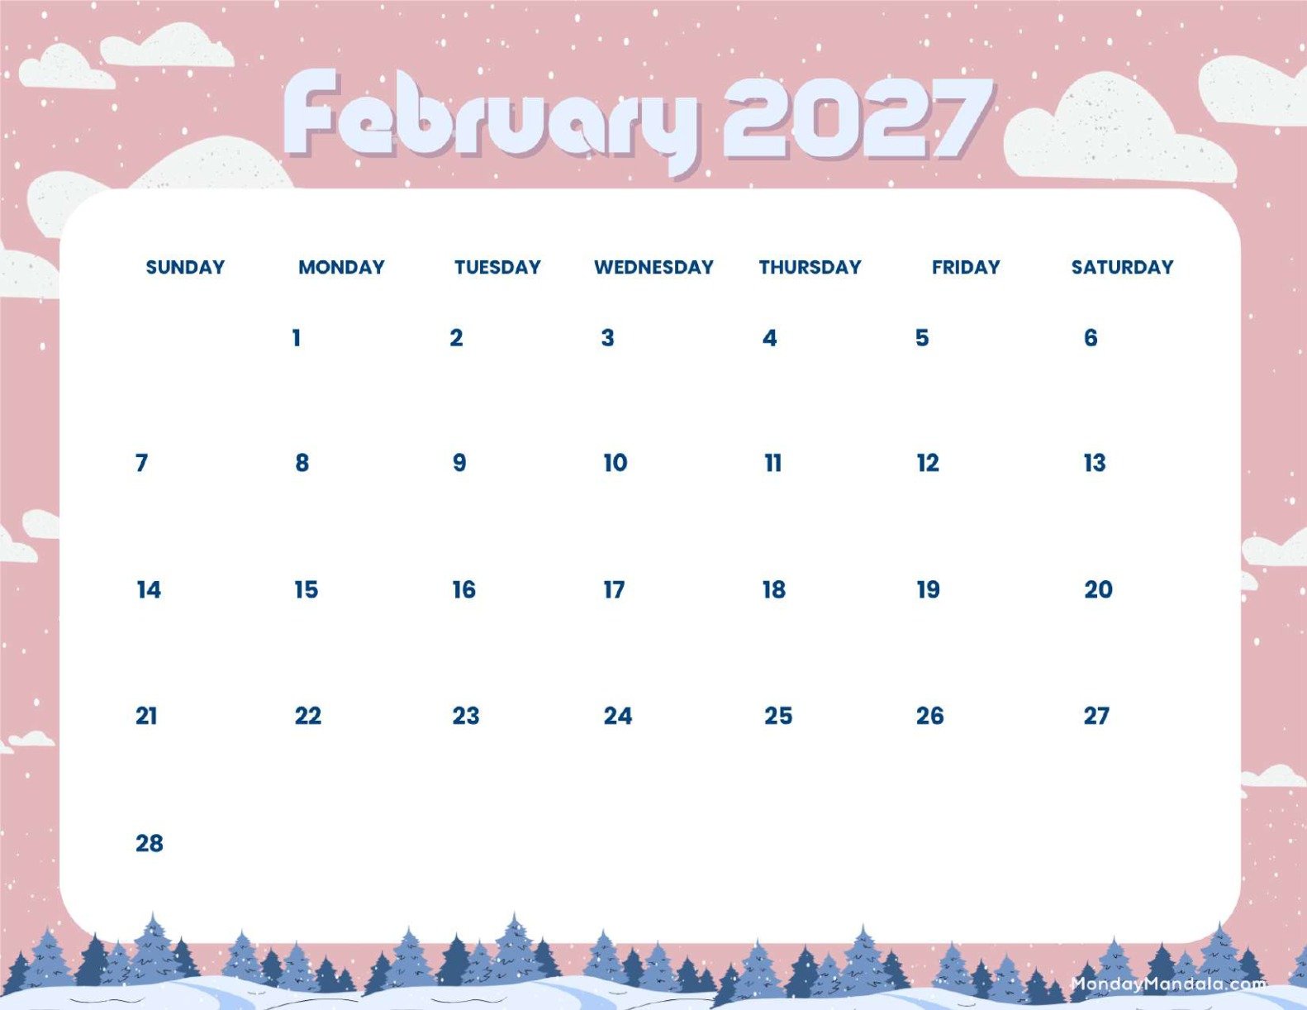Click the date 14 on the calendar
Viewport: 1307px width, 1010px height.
(149, 589)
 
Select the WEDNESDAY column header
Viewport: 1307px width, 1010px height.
(653, 267)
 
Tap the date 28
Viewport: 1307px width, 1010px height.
(150, 843)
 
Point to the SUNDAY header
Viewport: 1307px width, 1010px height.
(185, 267)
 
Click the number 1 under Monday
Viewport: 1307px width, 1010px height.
(297, 337)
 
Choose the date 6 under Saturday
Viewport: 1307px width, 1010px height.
(1091, 337)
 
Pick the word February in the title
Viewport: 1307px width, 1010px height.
(492, 120)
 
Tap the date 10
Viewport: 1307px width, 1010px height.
(615, 463)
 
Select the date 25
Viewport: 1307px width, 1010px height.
(778, 716)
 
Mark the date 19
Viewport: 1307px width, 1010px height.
(929, 589)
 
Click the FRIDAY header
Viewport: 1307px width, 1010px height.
(966, 267)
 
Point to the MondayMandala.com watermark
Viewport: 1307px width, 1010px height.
(1168, 984)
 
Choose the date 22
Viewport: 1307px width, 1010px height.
(308, 716)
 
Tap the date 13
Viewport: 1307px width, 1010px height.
(1095, 463)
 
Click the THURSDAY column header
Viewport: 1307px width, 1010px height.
(810, 267)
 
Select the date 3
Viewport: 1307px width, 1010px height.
(608, 337)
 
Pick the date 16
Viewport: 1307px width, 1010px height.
(464, 589)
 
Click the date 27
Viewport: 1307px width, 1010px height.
(1096, 716)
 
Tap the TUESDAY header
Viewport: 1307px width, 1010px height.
(497, 267)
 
